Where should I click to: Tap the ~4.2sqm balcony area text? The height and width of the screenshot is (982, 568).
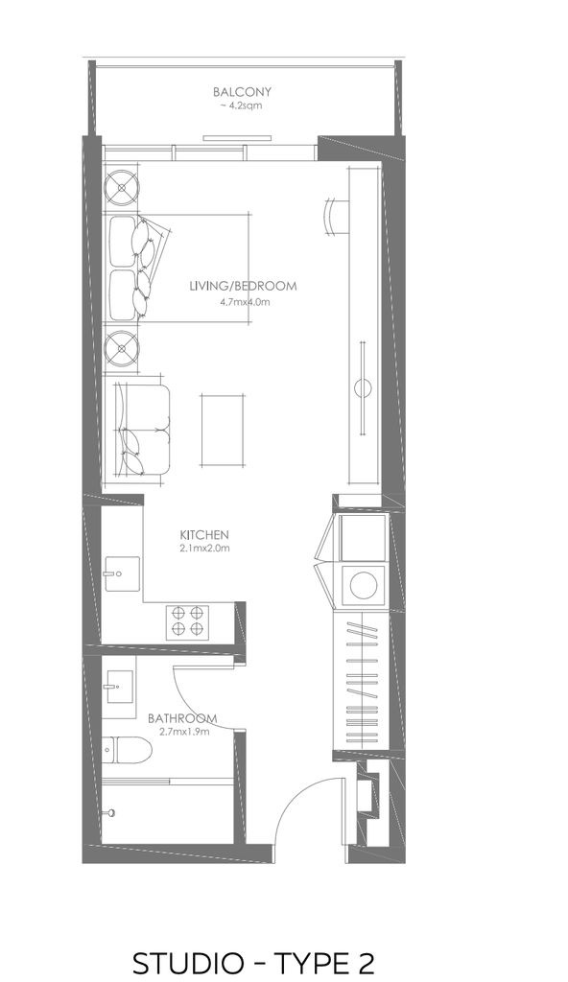coord(241,105)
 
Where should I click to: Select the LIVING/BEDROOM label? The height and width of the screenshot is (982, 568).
coord(243,286)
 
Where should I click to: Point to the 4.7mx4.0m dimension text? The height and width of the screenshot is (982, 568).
coord(244,302)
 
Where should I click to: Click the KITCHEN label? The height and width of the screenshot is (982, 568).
coord(204,535)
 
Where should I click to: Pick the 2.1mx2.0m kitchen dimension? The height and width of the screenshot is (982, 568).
coord(205,549)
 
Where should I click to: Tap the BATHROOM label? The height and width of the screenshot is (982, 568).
coord(182,718)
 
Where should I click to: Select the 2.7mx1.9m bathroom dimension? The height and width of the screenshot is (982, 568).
coord(183,731)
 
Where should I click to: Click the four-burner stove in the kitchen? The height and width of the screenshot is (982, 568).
coord(187,620)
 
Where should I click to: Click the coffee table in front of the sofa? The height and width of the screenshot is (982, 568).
coord(222,431)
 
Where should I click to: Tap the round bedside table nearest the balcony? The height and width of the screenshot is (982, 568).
coord(121,186)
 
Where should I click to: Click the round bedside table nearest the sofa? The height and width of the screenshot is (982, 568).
coord(121,347)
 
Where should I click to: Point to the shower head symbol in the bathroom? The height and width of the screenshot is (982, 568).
coord(110,812)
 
